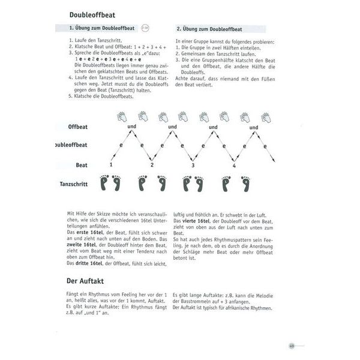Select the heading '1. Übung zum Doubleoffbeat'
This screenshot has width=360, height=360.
[x=104, y=28]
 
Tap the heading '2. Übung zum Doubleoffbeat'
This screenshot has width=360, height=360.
[x=209, y=28]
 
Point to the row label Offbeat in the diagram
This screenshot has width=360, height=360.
[x=78, y=127]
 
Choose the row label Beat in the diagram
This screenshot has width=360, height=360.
[x=82, y=164]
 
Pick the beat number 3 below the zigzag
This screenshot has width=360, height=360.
[x=193, y=165]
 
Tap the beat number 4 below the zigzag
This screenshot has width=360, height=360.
[x=233, y=165]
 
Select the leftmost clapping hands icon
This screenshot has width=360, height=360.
[x=122, y=116]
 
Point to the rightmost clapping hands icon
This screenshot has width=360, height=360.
[x=266, y=116]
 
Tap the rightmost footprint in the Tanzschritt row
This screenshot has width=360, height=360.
[x=245, y=184]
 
